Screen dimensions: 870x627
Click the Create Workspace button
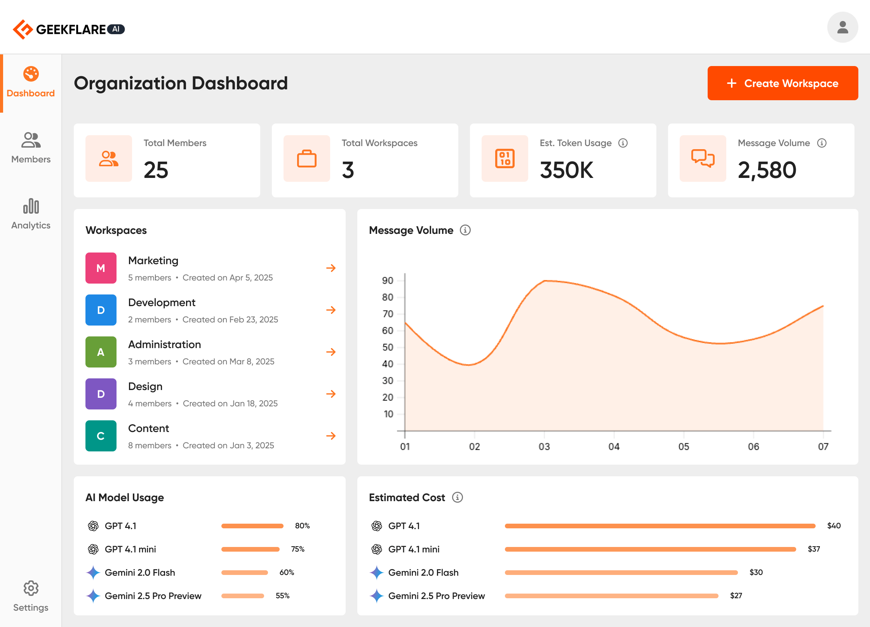tap(782, 83)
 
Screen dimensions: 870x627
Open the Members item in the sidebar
tap(31, 148)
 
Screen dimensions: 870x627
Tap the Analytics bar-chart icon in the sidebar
tap(31, 206)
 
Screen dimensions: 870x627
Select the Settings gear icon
tap(31, 588)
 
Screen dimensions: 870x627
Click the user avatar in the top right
tap(842, 27)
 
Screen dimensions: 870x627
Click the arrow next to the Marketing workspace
tap(331, 268)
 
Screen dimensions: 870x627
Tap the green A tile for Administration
tap(101, 352)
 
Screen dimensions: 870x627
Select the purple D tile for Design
tap(101, 394)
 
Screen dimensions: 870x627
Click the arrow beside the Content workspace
tap(331, 436)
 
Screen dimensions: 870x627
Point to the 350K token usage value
tap(566, 170)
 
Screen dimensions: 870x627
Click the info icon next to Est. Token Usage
tap(623, 143)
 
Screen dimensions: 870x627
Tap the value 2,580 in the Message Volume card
tap(767, 170)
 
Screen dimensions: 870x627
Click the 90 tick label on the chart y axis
tap(388, 280)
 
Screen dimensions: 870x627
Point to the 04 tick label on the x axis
tap(614, 446)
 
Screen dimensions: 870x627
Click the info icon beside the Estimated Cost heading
tap(458, 497)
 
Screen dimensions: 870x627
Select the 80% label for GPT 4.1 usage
tap(302, 526)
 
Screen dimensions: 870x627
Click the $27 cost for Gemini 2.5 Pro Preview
tap(736, 596)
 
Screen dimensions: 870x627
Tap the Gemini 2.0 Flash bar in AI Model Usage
tap(244, 572)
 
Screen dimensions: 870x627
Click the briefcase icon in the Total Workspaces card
tap(307, 158)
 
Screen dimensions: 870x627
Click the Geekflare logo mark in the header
tap(23, 29)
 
